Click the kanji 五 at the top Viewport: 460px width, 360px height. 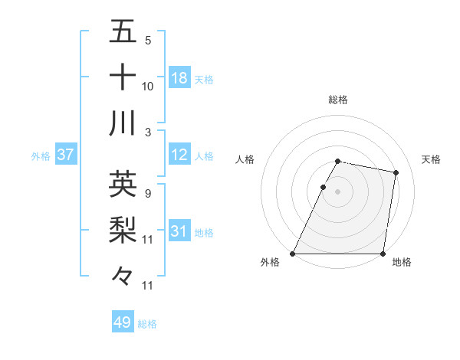point(123,32)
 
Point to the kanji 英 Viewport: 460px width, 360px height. point(123,184)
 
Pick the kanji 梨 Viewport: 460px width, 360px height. point(123,229)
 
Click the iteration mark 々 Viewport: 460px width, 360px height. point(123,274)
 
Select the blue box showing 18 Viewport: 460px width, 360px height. point(179,78)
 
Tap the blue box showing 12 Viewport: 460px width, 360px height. point(179,155)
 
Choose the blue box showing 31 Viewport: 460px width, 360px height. point(179,231)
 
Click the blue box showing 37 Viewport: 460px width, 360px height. point(66,155)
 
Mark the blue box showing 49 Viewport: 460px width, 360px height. point(123,322)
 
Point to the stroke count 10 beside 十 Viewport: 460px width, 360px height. point(148,87)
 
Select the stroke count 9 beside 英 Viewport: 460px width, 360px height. point(147,193)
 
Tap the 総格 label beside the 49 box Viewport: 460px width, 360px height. point(147,324)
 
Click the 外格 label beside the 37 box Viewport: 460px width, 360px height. point(41,156)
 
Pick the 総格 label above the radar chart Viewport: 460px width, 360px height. point(338,100)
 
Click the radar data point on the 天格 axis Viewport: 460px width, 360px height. point(396,173)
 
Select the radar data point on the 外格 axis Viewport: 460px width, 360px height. point(293,254)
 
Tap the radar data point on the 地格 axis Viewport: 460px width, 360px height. point(383,254)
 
